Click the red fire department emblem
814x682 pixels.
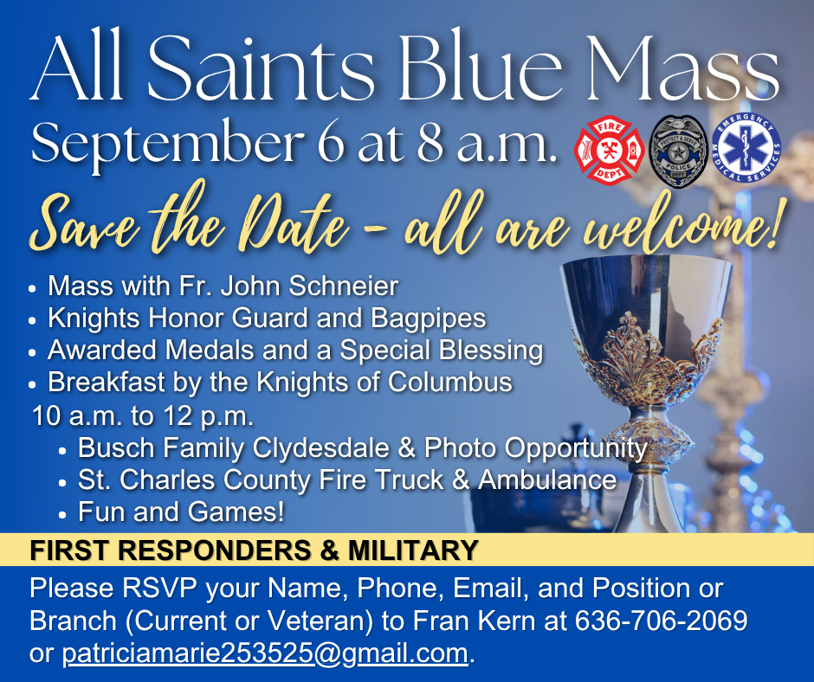610,150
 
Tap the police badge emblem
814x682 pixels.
679,151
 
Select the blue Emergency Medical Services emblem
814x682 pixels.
746,148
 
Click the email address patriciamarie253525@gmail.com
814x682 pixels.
265,653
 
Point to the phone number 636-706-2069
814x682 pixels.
661,620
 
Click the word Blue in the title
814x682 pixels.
481,69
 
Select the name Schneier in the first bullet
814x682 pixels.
343,286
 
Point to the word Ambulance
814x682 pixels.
547,479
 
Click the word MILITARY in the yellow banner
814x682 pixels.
413,550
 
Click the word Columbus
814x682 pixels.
450,382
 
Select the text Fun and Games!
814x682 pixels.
181,512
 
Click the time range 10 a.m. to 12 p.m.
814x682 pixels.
143,416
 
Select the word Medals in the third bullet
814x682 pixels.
210,351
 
